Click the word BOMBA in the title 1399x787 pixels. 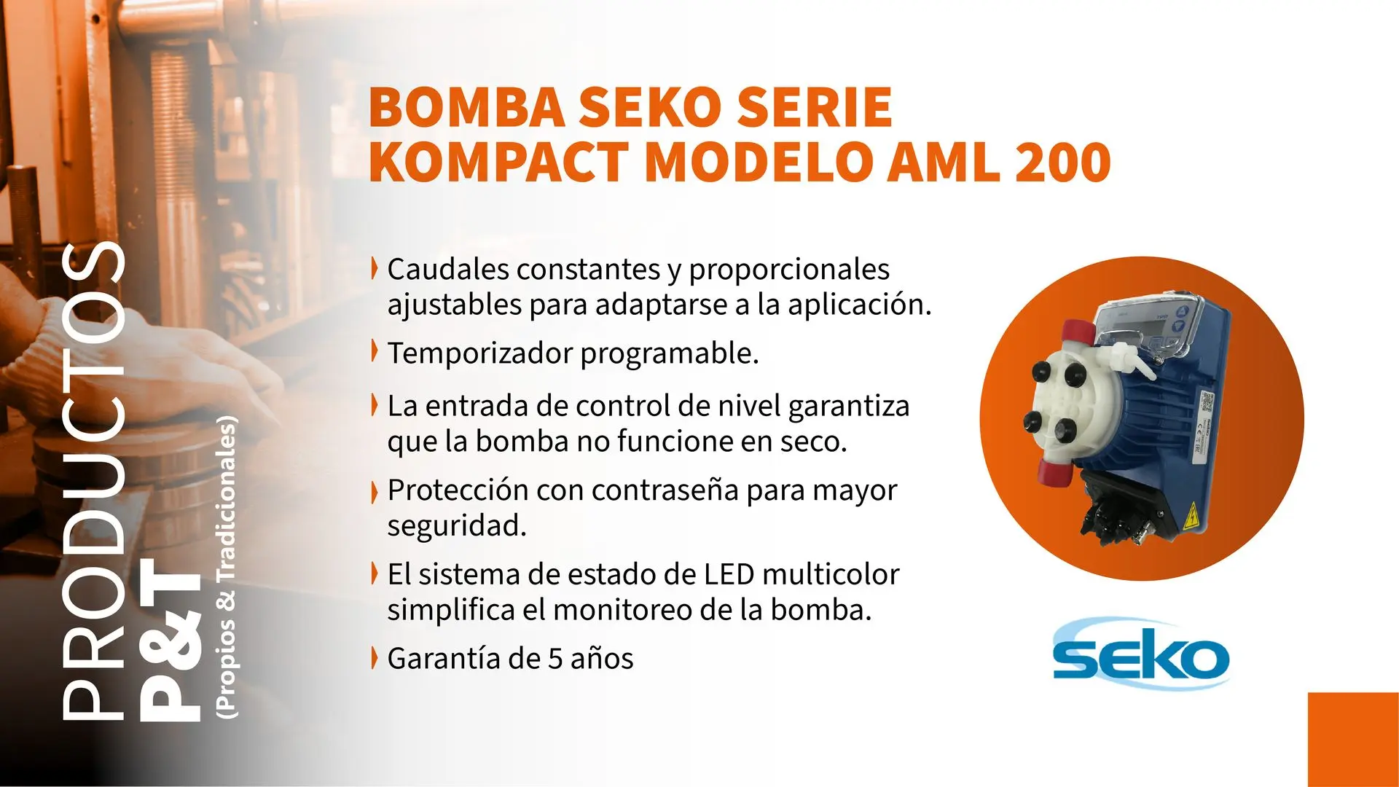tap(467, 107)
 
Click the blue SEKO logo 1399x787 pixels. tap(1141, 654)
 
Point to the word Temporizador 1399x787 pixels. tap(480, 353)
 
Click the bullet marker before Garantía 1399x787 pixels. tap(375, 657)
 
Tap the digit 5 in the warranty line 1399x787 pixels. tap(555, 659)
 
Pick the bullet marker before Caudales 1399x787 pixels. tap(375, 268)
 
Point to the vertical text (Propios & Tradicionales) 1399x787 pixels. tap(227, 567)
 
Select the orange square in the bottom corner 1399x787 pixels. tap(1353, 740)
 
